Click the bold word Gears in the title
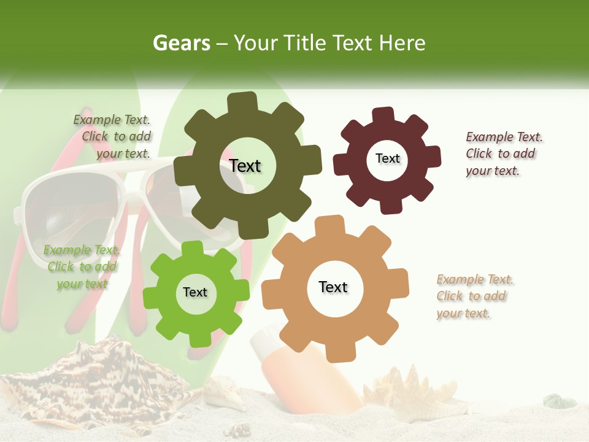coord(182,43)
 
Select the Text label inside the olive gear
coord(245,166)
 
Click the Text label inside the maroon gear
coord(387,158)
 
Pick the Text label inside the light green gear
coord(195,292)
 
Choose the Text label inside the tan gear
coord(333,287)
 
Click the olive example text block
coord(112,137)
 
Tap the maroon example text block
coord(504,153)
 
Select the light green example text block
coord(82,267)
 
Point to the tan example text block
coord(475,297)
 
